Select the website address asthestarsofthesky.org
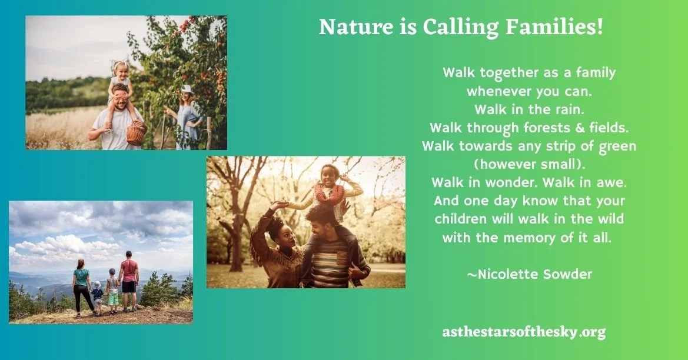pos(524,332)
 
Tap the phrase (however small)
pos(529,163)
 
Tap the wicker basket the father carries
pos(136,134)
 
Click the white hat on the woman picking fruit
pos(187,89)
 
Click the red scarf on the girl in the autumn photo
pos(328,193)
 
